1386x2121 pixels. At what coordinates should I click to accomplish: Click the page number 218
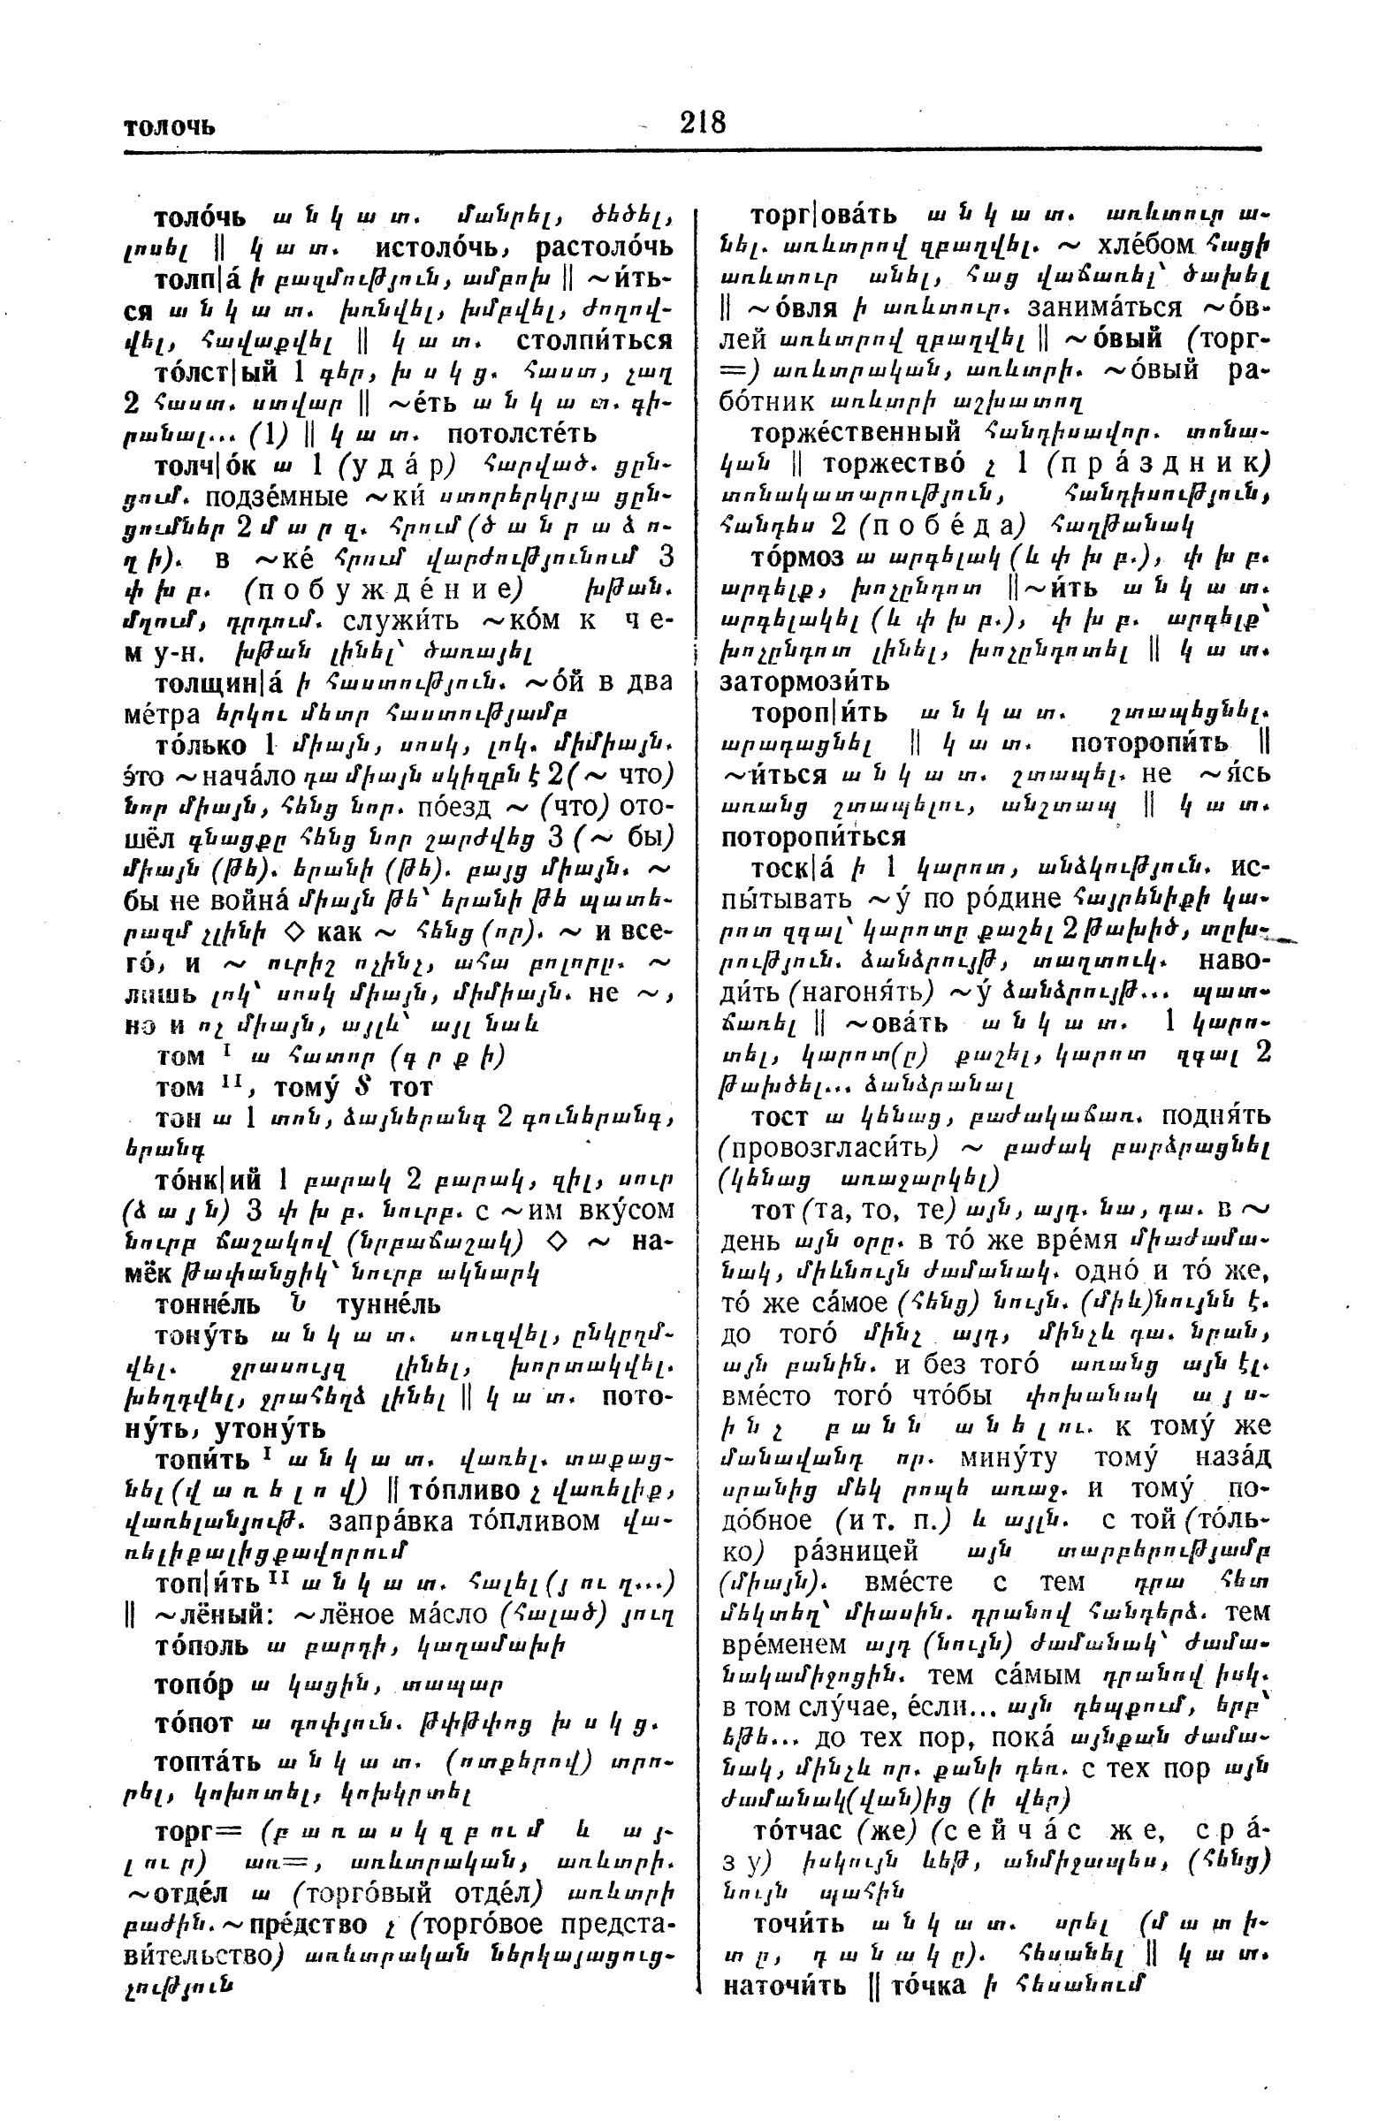coord(703,122)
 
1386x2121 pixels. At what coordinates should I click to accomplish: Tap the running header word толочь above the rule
coord(170,126)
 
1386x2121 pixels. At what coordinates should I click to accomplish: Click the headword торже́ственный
coord(856,433)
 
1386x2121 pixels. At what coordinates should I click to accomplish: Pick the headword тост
coord(780,1117)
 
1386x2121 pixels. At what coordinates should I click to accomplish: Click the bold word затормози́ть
coord(804,681)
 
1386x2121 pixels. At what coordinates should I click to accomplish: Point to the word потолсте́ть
coord(522,434)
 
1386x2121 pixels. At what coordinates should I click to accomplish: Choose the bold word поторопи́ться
coord(813,837)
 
